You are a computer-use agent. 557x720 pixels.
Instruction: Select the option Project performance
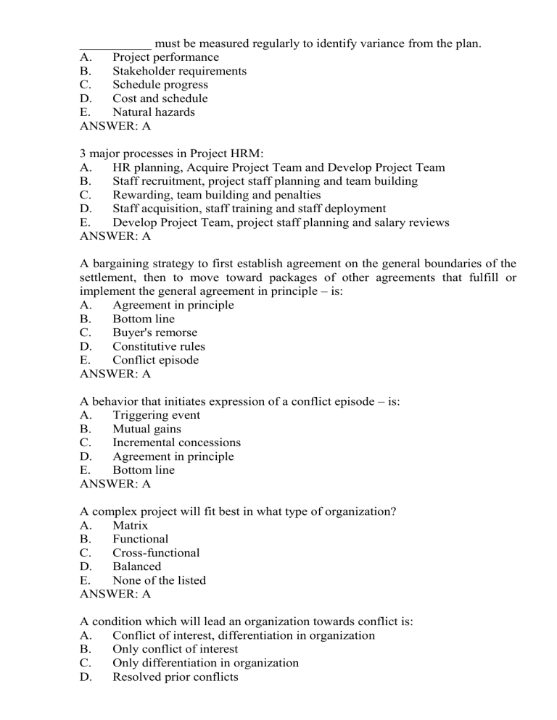coord(165,57)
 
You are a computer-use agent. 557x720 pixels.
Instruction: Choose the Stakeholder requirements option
coord(179,71)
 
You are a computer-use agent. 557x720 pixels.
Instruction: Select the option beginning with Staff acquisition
coord(249,209)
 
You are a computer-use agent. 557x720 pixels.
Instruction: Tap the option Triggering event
coord(157,415)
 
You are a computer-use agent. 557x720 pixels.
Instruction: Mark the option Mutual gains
coord(147,429)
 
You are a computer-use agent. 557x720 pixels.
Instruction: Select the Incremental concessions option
coord(176,443)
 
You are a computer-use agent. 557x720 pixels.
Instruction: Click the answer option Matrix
coord(131,525)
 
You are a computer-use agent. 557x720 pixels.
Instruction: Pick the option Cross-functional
coord(156,553)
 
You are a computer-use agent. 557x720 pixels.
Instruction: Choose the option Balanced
coord(137,566)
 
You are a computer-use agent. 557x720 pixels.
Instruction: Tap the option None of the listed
coord(159,580)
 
